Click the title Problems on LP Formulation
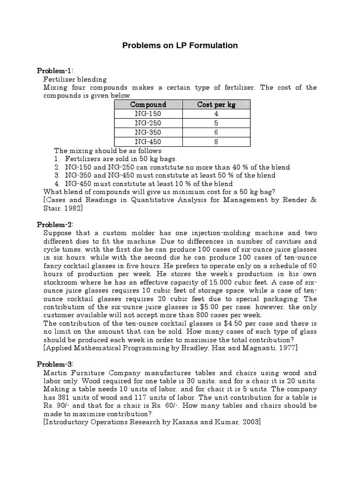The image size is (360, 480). click(180, 45)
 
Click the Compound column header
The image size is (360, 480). click(148, 105)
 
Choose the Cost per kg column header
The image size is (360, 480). click(216, 105)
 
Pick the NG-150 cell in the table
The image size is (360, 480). click(148, 114)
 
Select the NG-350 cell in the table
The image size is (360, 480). click(148, 133)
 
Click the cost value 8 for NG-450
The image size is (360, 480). click(216, 142)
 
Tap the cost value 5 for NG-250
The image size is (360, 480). click(216, 123)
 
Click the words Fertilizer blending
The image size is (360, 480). click(75, 79)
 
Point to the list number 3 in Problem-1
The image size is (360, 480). click(57, 175)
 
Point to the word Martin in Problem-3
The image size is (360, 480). click(55, 373)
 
